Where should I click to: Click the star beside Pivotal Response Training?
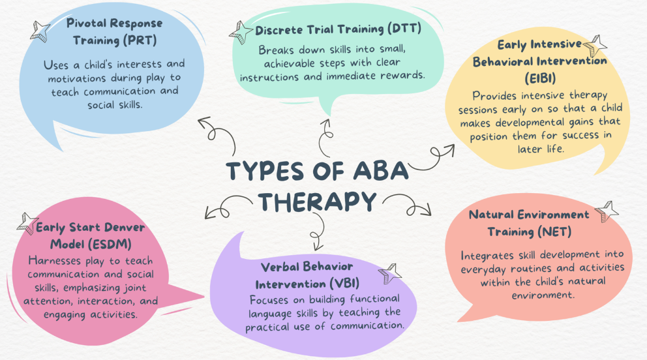point(40,31)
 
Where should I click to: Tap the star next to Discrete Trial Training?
point(241,33)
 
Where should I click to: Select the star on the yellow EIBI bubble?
point(595,46)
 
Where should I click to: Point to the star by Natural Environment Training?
point(607,211)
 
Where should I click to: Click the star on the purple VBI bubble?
point(389,273)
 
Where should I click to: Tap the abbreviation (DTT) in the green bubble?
point(404,29)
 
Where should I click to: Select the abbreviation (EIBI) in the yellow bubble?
point(540,78)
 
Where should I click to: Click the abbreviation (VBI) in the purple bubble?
point(344,284)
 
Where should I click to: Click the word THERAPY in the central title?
point(318,202)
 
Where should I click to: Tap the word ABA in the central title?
point(380,170)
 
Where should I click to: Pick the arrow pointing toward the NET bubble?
point(408,205)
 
